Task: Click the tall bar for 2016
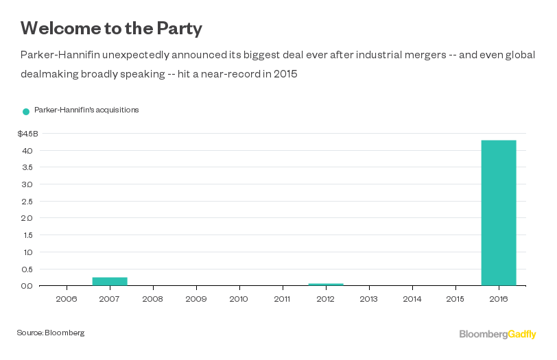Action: [499, 213]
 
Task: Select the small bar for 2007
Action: [110, 281]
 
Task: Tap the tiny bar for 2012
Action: [326, 284]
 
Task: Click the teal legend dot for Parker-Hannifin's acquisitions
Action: [26, 111]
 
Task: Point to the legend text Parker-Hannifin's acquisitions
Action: [86, 110]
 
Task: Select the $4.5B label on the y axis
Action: [28, 133]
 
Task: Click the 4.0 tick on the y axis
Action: [27, 150]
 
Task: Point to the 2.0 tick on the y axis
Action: [27, 218]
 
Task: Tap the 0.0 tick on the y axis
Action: [27, 285]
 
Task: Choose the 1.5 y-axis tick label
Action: [27, 235]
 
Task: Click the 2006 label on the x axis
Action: [67, 299]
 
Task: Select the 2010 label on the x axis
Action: [239, 299]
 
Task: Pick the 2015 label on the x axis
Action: [455, 299]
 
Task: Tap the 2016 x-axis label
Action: [499, 299]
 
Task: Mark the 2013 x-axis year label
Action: [369, 299]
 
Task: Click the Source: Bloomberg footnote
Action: [51, 333]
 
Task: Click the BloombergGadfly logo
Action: [497, 334]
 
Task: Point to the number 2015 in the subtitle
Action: [283, 73]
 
